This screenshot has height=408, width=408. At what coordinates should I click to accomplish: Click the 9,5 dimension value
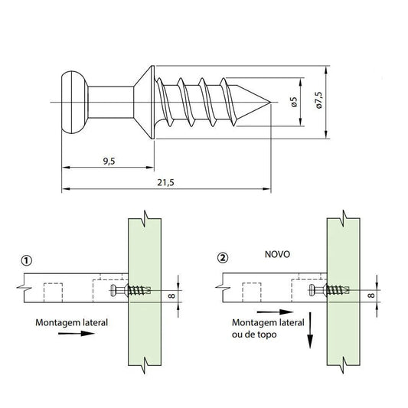(x=109, y=162)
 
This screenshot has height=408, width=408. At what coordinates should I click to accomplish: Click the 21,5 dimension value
(x=165, y=183)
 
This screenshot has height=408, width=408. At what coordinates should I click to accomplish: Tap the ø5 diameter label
(x=294, y=102)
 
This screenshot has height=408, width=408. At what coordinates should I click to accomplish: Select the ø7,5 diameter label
(x=318, y=100)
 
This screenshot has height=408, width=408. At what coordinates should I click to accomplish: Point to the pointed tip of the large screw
(x=270, y=102)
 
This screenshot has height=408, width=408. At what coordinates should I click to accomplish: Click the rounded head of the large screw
(x=74, y=102)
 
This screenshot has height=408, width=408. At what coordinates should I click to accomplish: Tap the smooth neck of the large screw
(x=111, y=102)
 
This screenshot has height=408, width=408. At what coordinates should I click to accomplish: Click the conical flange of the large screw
(x=145, y=102)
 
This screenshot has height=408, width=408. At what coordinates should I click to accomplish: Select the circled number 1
(x=27, y=260)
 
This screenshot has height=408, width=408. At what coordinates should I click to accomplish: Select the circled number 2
(x=223, y=258)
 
